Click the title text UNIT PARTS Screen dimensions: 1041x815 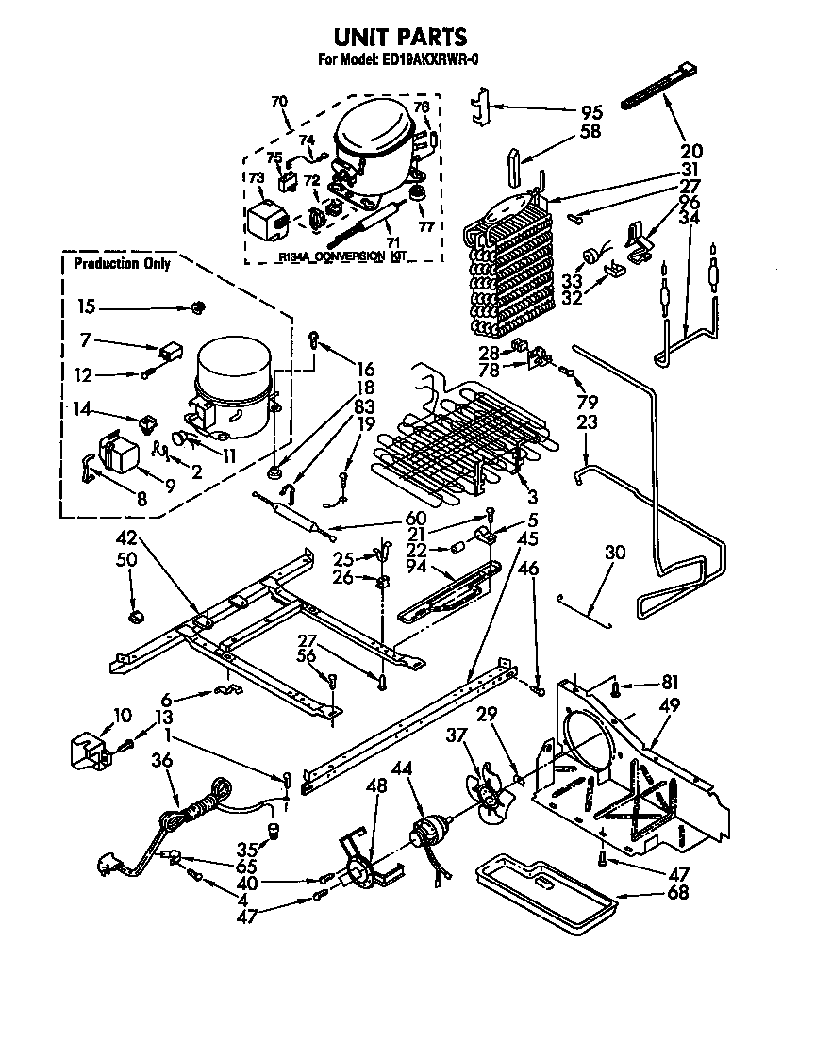coord(400,37)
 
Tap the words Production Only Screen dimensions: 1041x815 coord(122,264)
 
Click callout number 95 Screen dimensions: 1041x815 coord(590,111)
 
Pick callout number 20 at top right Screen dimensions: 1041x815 coord(692,151)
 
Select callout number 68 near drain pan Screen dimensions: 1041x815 coord(677,893)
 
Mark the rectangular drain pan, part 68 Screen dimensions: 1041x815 coord(543,891)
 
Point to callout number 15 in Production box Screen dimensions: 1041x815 coord(87,307)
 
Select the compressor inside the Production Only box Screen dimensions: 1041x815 coord(232,388)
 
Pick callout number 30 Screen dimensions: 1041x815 coord(614,553)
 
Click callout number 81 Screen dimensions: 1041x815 coord(669,683)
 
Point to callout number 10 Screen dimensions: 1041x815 coord(122,716)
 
